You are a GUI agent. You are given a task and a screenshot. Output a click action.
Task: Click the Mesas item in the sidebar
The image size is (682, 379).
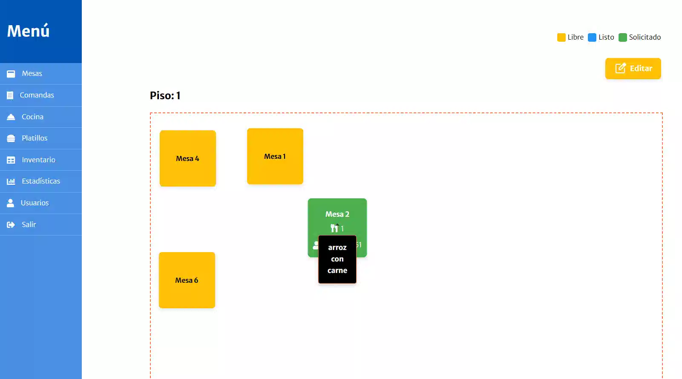[x=32, y=74]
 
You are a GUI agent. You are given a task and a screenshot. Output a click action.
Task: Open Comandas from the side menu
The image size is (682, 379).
[x=37, y=95]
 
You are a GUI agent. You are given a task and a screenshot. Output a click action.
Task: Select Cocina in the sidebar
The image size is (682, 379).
[x=32, y=117]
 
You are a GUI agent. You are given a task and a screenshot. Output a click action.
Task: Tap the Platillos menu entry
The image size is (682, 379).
[x=35, y=138]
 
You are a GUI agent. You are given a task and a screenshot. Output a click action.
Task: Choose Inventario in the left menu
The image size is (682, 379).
[x=38, y=160]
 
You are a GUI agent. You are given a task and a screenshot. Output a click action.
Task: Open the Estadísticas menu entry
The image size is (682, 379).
[x=41, y=181]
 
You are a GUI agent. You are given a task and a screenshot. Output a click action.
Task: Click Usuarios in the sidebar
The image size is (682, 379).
[x=35, y=203]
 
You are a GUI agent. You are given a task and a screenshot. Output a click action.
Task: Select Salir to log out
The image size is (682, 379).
[x=29, y=224]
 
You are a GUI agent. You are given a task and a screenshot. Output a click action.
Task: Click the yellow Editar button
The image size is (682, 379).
[x=633, y=69]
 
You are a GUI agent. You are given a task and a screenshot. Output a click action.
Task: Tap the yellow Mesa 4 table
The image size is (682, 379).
[x=188, y=158]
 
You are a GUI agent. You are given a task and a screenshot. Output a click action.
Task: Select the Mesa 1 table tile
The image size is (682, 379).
[x=275, y=156]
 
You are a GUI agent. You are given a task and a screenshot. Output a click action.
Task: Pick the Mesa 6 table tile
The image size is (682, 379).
[x=187, y=280]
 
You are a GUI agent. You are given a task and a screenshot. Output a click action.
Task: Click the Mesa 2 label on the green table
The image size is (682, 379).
[x=337, y=214]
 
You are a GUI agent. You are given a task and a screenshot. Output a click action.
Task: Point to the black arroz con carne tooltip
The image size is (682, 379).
[x=337, y=259]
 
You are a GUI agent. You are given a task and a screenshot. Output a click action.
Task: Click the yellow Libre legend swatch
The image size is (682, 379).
[x=561, y=37]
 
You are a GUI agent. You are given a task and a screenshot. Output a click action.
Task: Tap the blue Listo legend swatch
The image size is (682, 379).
[x=592, y=37]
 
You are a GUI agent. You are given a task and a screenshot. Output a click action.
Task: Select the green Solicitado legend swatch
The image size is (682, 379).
[x=623, y=37]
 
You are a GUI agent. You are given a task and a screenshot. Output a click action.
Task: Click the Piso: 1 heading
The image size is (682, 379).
[x=165, y=96]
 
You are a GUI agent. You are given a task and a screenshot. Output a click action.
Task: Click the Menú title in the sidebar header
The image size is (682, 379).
[x=29, y=31]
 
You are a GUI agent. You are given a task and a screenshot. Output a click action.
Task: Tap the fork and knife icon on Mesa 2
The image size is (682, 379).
[x=334, y=229]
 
